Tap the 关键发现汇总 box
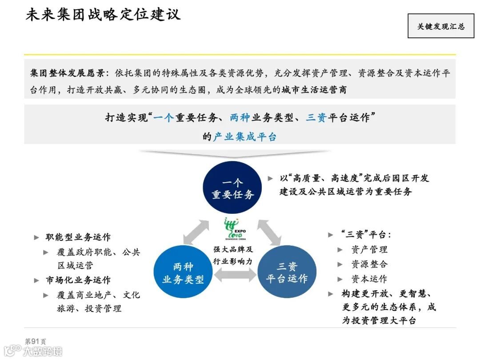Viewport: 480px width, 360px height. pos(440,26)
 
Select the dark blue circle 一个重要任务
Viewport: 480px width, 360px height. pos(232,188)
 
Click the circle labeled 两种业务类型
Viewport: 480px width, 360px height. pos(183,272)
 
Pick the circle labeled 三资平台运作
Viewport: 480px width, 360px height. pos(287,272)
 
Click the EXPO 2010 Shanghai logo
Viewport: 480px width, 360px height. pos(234,229)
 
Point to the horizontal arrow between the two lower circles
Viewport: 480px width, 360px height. pos(235,276)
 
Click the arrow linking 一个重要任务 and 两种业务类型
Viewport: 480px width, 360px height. pos(197,232)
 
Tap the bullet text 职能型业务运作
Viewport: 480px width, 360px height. pos(78,237)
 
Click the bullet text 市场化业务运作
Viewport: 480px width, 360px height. pos(78,280)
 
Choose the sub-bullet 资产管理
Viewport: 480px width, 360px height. pos(369,250)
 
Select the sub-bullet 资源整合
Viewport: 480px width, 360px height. pos(369,264)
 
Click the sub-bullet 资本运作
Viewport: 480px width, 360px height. pos(369,279)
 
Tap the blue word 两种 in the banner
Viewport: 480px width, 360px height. pos(240,118)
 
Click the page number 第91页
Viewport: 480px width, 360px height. pos(35,341)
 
